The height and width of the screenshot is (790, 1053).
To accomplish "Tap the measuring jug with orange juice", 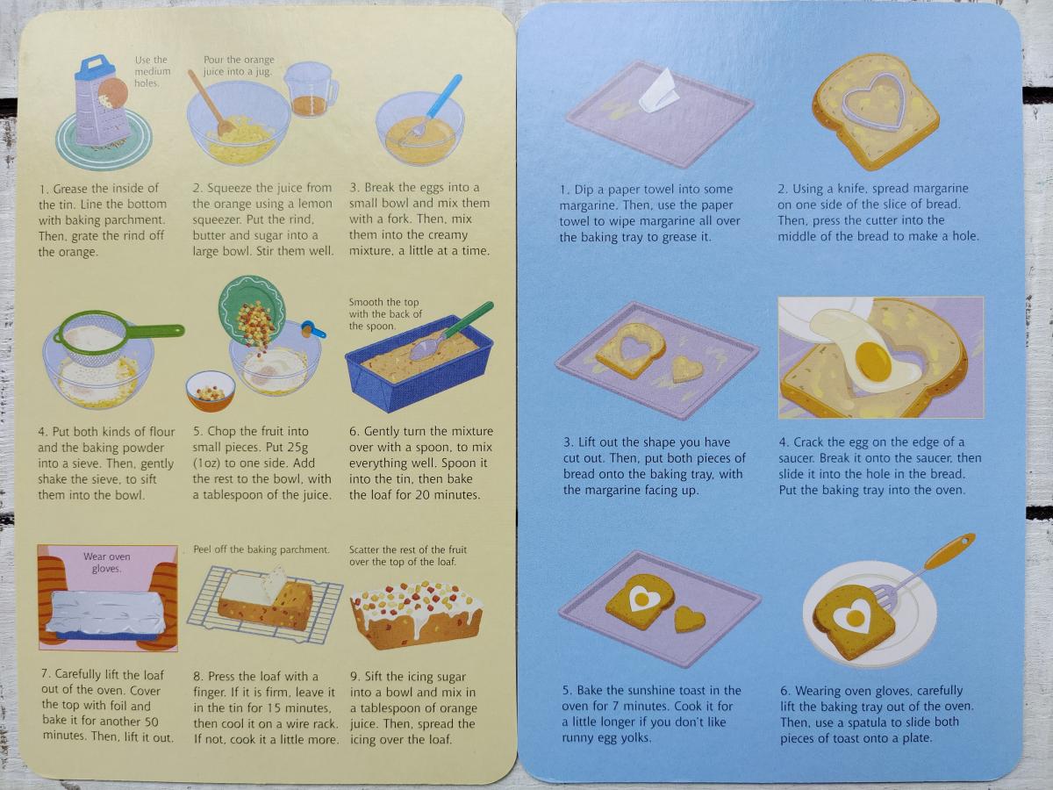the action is point(311,90).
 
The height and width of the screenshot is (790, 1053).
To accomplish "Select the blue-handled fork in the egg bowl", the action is point(429,111).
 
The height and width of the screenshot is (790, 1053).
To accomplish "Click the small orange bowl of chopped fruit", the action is point(211,391).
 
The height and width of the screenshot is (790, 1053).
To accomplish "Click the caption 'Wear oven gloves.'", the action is point(106,563).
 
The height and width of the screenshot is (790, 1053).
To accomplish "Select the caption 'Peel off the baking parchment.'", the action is point(261,549).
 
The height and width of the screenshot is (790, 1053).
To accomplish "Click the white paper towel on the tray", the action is point(658,92).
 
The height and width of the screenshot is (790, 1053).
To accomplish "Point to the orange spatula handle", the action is point(949,552).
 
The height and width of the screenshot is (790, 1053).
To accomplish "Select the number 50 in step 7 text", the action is point(150,722).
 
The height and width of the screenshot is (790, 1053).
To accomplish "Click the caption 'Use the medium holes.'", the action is point(153,71).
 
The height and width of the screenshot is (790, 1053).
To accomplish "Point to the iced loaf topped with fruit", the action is point(417,616).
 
